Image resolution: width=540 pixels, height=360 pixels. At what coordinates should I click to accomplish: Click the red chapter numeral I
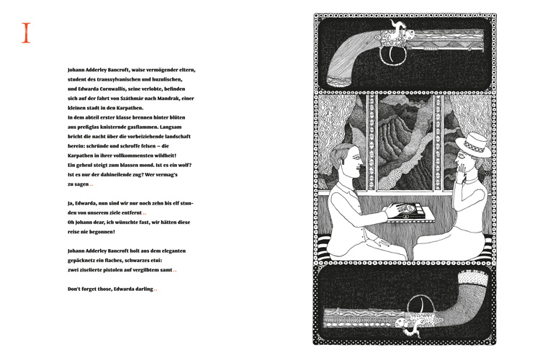coord(27,33)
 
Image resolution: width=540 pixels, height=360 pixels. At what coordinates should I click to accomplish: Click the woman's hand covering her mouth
coord(462,171)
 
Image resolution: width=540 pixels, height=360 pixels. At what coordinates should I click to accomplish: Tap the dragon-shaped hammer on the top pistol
coord(400,30)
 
